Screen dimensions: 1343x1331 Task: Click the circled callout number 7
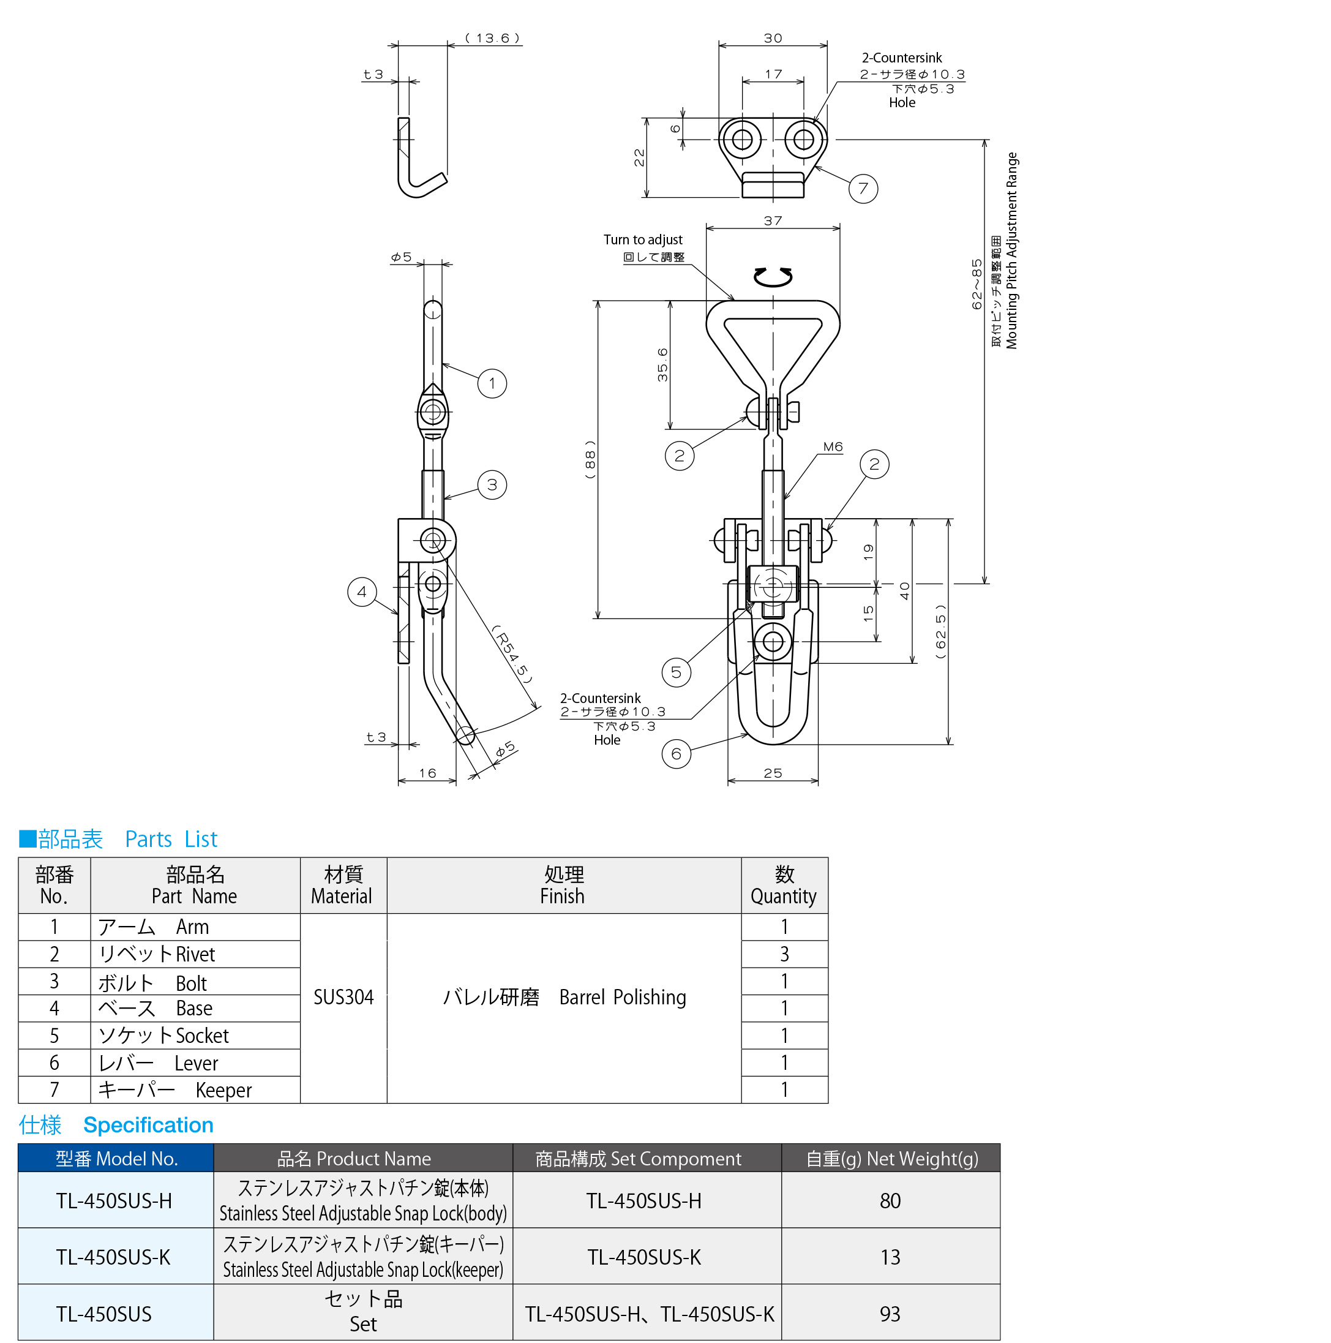[863, 189]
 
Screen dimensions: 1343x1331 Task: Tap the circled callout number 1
[492, 383]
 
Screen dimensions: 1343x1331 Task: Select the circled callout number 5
[677, 672]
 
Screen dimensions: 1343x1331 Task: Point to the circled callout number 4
[361, 592]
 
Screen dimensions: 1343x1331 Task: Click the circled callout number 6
[677, 753]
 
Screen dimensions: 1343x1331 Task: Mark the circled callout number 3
[492, 484]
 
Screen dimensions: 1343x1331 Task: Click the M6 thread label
[833, 447]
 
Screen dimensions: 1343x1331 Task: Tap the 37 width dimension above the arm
[773, 221]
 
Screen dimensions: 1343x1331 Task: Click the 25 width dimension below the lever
[773, 773]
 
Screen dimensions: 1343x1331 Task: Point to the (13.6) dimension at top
[493, 38]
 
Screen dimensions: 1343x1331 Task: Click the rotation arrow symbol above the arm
[773, 277]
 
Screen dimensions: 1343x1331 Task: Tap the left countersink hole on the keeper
[742, 139]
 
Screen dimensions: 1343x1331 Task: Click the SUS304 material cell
[343, 998]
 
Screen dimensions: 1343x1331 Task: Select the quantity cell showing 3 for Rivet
[784, 954]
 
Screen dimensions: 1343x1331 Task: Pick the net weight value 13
[890, 1257]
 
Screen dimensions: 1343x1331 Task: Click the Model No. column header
[116, 1159]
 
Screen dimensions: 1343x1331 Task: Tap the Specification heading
[148, 1126]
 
